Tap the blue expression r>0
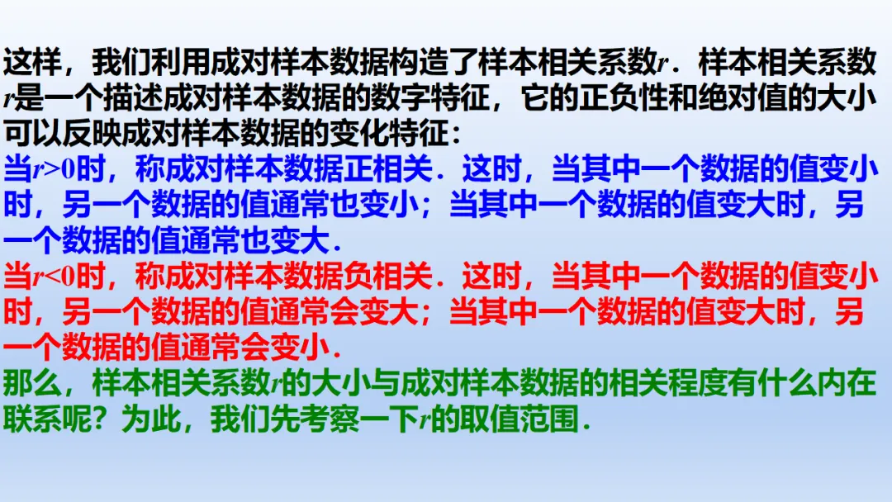pos(54,170)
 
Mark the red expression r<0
pos(54,277)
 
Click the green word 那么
pos(33,383)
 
